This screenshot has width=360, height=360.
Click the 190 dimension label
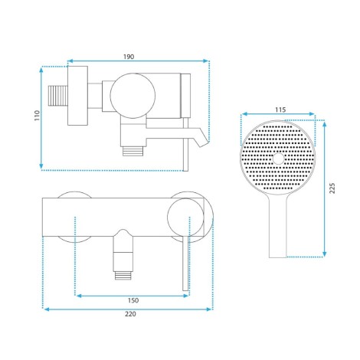[129, 57]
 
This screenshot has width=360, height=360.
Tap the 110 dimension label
[38, 116]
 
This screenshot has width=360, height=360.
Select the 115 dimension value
[280, 110]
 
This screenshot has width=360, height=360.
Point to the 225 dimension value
[332, 188]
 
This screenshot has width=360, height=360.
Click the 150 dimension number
[133, 300]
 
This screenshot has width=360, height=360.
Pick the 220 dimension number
[130, 314]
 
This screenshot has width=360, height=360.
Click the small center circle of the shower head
[278, 159]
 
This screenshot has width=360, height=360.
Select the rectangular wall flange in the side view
[77, 96]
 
